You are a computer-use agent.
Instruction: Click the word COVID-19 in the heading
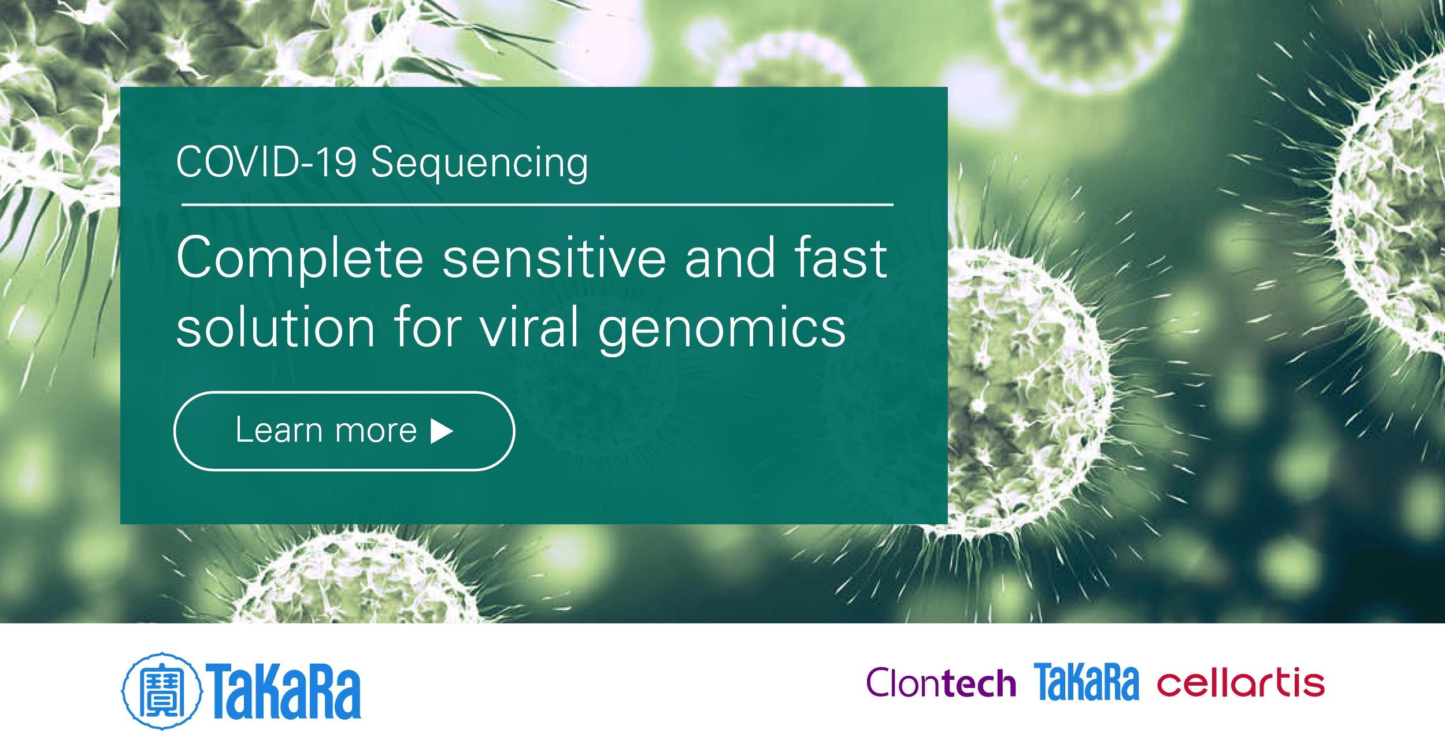(x=266, y=162)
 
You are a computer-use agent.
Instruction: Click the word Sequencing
(x=479, y=164)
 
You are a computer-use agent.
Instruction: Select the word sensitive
(x=554, y=258)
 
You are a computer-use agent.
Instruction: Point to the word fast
(x=840, y=258)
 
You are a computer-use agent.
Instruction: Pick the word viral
(x=529, y=328)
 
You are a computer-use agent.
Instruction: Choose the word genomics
(x=722, y=330)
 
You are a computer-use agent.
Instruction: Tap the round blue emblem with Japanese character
(x=162, y=691)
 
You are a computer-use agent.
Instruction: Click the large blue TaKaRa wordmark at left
(x=284, y=691)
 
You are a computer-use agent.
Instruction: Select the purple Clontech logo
(x=940, y=683)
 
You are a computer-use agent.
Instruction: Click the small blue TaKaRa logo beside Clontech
(x=1086, y=683)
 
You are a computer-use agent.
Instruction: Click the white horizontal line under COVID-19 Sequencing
(x=537, y=205)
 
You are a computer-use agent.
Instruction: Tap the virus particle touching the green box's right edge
(x=1029, y=393)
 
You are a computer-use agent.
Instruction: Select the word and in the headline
(x=729, y=258)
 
